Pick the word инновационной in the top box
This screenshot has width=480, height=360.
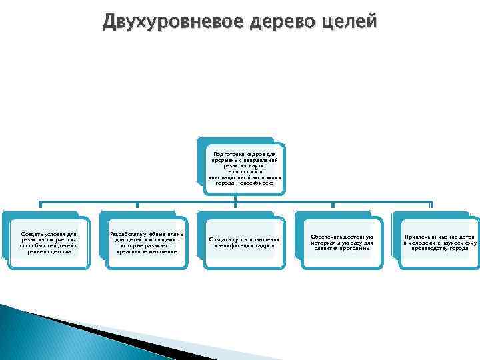[x=232, y=178]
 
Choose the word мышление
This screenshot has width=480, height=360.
[x=162, y=252]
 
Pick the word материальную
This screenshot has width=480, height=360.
[x=330, y=243]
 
